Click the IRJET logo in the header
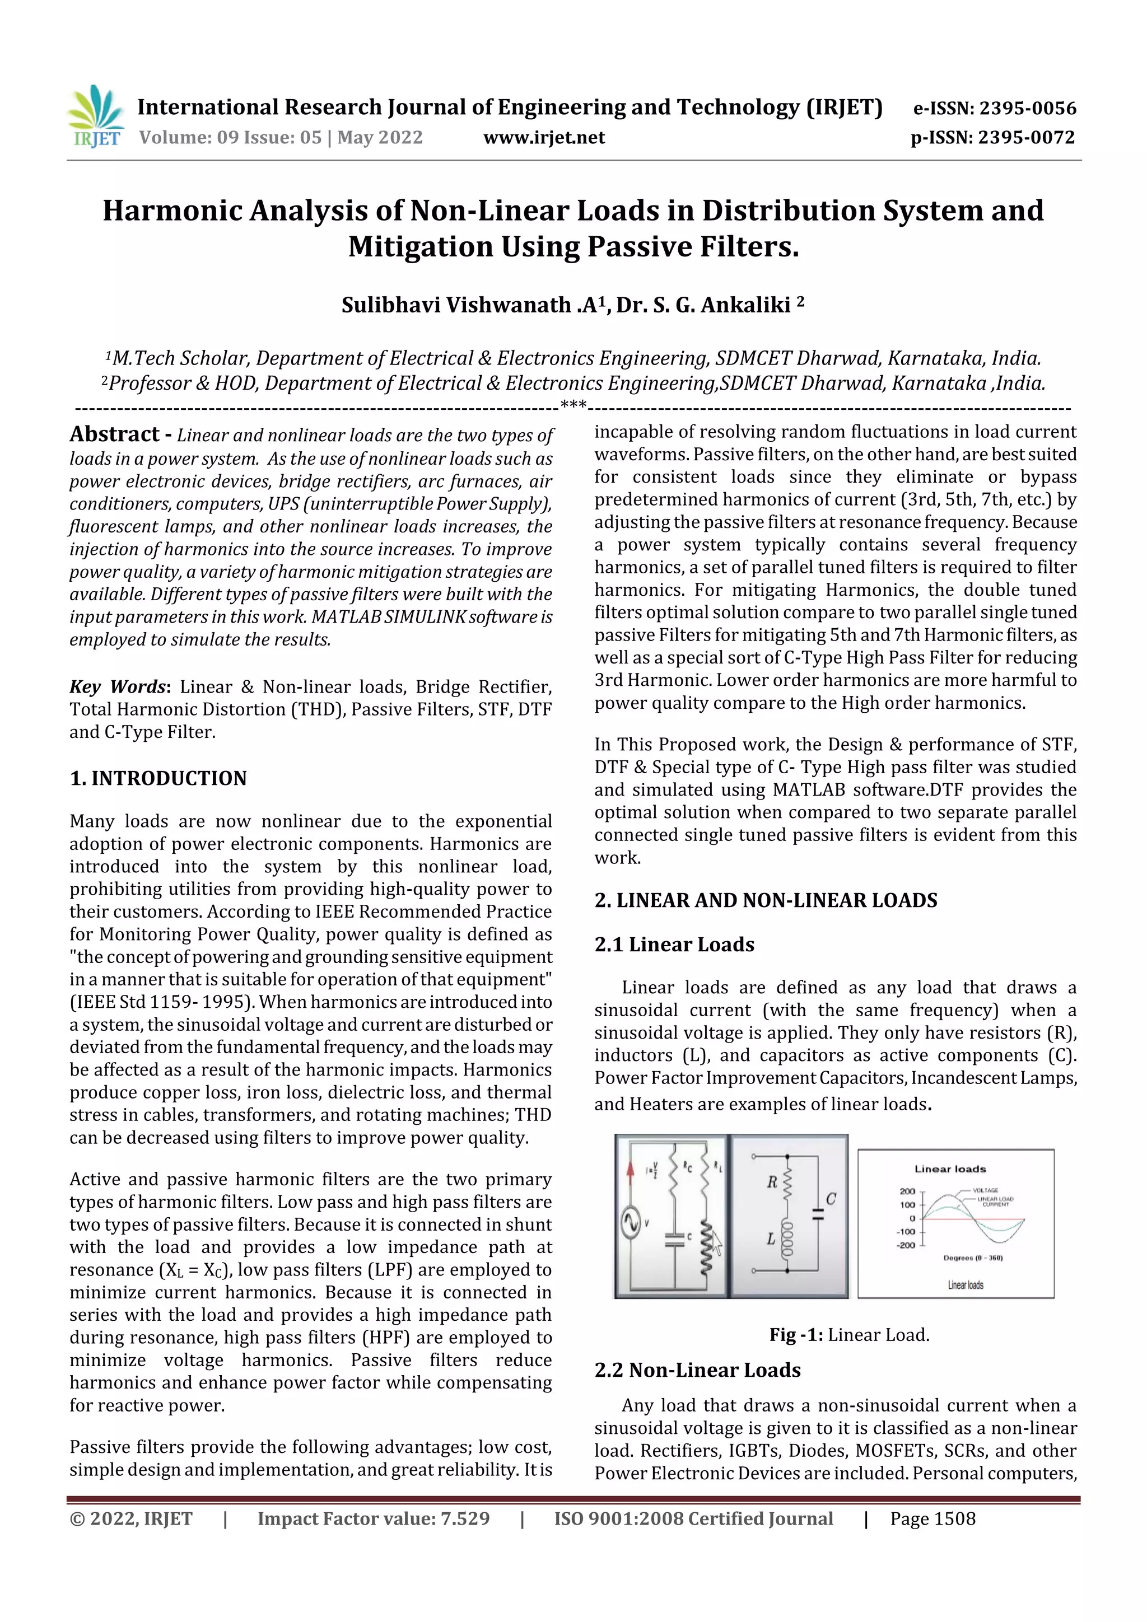[95, 116]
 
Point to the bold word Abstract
[114, 434]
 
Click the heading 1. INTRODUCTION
[158, 778]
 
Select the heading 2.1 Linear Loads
[674, 945]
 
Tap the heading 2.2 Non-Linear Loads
[697, 1370]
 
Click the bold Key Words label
[117, 686]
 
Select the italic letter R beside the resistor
[772, 1182]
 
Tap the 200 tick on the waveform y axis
[907, 1191]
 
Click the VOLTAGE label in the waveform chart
[985, 1190]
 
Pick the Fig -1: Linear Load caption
[848, 1334]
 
